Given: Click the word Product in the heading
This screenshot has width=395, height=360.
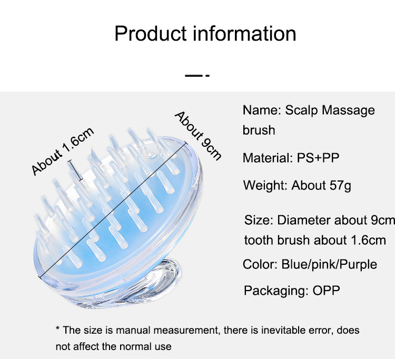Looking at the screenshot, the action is pos(151,33).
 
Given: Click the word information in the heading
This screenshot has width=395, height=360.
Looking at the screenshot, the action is pos(244,33).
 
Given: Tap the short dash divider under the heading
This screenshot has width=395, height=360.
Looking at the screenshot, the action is pos(197,75).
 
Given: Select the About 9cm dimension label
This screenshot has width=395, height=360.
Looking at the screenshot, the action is pos(198,135).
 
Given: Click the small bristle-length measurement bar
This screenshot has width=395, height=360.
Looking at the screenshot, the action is pos(75,170).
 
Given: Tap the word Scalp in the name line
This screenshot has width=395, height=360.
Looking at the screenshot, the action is pos(301,111).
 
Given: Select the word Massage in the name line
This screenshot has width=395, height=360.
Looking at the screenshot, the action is pos(349,111).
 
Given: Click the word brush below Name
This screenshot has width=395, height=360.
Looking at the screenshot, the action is pos(259,130).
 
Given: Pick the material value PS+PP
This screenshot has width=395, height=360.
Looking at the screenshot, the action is pos(318,158).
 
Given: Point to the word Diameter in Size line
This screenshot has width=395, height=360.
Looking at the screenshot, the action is pos(303,220).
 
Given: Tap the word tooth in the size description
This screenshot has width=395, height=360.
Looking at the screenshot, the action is pos(259,240).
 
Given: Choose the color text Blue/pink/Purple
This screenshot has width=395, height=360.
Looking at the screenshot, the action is pos(329,265).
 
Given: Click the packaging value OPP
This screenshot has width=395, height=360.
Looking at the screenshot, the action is pos(326,291).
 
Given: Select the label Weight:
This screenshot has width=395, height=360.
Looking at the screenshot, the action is pos(265,186).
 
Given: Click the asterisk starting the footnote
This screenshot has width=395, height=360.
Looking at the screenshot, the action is pos(58,328).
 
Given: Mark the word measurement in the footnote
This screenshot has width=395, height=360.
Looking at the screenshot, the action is pos(186,331).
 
